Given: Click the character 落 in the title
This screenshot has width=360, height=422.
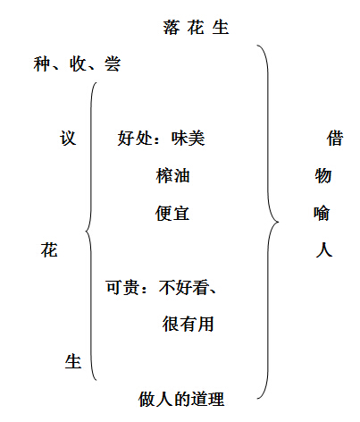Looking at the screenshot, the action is [172, 28].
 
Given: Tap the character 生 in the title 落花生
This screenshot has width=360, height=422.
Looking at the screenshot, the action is [221, 28].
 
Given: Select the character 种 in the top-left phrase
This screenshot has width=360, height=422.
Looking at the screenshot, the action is [42, 63].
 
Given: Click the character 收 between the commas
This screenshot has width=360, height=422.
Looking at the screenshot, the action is [78, 63].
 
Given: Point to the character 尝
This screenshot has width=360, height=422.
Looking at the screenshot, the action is [113, 63].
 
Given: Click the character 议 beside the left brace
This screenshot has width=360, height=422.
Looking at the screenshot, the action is [68, 139].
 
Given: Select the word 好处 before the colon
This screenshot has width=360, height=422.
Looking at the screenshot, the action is [135, 139].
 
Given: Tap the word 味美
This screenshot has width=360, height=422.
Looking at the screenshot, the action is [188, 139].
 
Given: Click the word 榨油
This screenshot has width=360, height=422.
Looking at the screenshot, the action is [172, 175].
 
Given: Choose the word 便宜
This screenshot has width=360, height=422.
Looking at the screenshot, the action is [172, 213].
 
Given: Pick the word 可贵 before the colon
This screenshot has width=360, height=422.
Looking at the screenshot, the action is [122, 287].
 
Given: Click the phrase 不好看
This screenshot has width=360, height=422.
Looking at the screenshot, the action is [185, 287].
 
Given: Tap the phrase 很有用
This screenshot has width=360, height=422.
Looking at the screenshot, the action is [188, 325].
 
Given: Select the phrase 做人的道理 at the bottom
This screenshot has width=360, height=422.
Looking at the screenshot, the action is [181, 399].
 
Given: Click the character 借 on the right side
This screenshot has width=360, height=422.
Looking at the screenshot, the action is [335, 139].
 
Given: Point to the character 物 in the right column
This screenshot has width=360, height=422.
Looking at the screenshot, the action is [323, 175].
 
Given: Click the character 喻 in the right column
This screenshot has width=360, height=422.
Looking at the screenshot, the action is [322, 213].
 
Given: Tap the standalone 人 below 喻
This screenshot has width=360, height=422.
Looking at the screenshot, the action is [324, 249].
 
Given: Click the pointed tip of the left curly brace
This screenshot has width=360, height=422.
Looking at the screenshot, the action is [86, 231].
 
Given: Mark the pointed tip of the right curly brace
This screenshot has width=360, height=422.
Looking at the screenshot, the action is [279, 222].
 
